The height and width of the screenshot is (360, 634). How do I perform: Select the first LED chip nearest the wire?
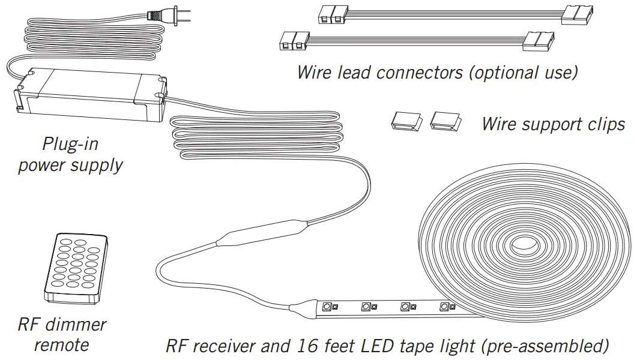[x=327, y=307]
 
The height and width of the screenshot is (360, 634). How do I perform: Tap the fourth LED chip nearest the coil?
[x=445, y=307]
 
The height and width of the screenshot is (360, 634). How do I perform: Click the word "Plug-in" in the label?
[x=70, y=145]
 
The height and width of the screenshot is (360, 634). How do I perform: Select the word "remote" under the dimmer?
[x=61, y=345]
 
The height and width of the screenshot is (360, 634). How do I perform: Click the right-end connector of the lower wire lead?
[x=539, y=41]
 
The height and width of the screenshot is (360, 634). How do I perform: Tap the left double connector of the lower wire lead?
[x=292, y=41]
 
